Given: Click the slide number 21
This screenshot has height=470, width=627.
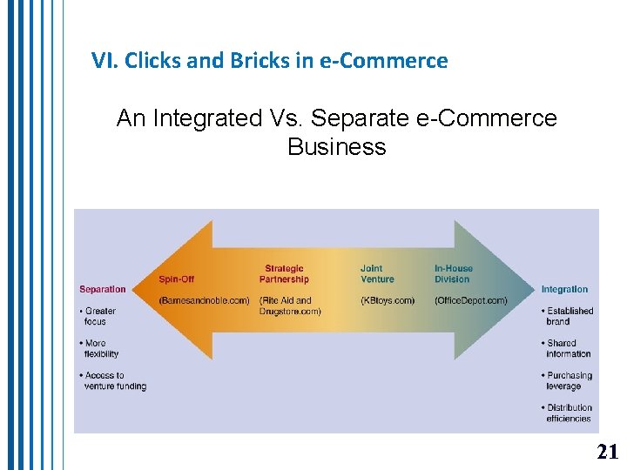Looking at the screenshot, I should pos(607,451).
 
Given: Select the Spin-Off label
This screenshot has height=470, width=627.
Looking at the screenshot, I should pos(176,279).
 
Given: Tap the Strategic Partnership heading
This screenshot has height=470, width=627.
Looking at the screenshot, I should pos(284,274).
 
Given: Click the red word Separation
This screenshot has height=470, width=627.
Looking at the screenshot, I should pos(103,289).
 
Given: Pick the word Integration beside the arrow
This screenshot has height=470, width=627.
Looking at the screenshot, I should pos(564,289).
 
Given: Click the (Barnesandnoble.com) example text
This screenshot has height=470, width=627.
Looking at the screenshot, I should pos(204,300).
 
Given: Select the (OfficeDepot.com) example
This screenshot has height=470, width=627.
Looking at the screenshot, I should pos(470,300).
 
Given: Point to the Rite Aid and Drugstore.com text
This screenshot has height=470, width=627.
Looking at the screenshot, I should pos(290,305).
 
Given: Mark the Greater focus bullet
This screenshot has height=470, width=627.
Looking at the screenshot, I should pos(99,316).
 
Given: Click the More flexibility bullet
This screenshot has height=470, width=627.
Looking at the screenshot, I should pos(101,348).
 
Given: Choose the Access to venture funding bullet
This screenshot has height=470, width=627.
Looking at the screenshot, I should pos(114,380).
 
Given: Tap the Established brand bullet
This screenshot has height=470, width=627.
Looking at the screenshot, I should pos(569,316).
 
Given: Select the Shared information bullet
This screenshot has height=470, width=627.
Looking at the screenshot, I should pos(568,348).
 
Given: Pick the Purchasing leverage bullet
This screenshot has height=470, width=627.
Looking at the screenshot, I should pos(569,380).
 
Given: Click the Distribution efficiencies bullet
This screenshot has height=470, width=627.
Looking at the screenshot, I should pos(569,413).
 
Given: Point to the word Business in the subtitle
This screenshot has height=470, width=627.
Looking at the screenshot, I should pos(336,146).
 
